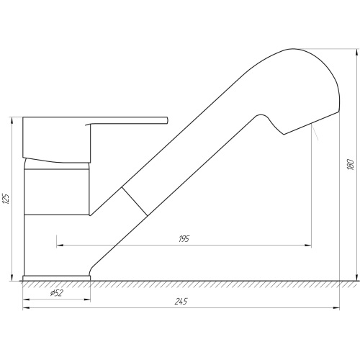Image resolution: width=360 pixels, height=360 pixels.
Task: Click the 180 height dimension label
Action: [x=351, y=164]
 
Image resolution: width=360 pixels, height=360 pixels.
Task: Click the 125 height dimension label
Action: [x=6, y=199]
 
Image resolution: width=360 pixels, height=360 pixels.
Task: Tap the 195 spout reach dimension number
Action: [x=184, y=239]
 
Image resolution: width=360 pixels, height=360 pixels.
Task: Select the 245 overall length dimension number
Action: [x=181, y=302]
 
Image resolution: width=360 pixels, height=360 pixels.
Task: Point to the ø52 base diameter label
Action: [x=56, y=293]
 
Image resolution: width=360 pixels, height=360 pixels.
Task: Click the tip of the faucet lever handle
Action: [x=167, y=120]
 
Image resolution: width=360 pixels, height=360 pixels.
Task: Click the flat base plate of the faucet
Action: [x=57, y=278]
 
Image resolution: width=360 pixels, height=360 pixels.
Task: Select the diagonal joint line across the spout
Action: [x=135, y=201]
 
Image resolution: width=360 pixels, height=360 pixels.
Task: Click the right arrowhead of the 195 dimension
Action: [x=308, y=246]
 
